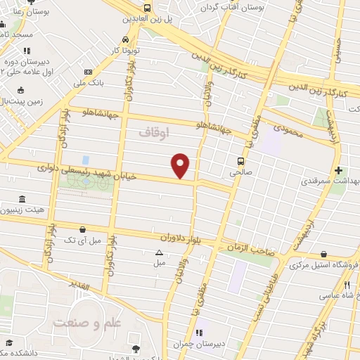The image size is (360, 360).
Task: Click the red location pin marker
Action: [181, 165]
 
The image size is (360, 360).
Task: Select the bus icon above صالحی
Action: [241, 160]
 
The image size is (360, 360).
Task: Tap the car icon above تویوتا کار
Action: [125, 39]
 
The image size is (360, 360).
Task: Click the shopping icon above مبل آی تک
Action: [84, 229]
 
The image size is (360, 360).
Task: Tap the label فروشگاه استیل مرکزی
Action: [324, 266]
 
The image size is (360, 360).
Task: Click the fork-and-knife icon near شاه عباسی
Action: [347, 285]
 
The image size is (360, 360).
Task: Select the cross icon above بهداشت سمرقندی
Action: [339, 170]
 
